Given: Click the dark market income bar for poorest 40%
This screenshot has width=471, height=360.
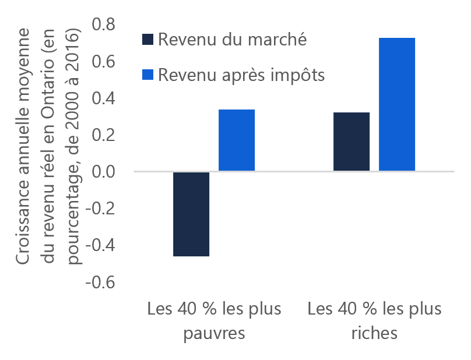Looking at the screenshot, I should point(191,214).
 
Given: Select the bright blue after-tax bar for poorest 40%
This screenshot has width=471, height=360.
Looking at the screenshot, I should point(237,140).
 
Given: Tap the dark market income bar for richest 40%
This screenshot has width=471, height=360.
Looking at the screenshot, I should point(352,142).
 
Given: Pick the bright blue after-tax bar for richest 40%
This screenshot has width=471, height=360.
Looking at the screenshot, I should point(397,104).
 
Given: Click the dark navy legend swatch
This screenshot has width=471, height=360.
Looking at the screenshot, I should point(147,40).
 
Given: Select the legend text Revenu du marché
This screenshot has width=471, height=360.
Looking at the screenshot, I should point(232,40).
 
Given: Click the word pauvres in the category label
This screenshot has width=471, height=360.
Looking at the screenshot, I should point(214,334).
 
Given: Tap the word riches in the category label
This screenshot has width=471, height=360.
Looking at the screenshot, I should point(374,333).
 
